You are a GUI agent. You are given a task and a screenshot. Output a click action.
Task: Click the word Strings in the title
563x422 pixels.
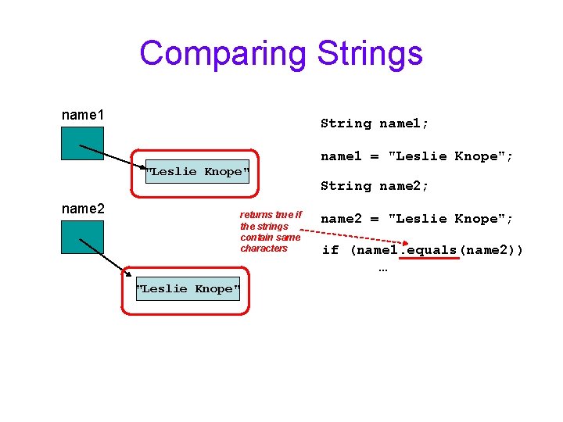(x=370, y=54)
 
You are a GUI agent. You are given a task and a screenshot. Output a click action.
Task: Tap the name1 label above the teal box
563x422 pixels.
(x=83, y=115)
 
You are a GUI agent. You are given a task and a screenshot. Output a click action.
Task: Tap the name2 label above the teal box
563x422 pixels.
(x=83, y=209)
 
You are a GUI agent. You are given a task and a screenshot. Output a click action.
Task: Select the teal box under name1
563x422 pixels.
(x=83, y=143)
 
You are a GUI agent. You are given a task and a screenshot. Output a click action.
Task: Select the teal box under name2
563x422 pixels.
(x=83, y=237)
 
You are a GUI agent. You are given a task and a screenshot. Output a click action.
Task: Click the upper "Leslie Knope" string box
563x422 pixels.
(x=197, y=171)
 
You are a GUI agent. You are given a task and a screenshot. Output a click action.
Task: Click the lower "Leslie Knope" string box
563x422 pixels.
(x=188, y=289)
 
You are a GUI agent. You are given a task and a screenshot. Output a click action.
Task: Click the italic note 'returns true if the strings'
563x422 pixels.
(x=271, y=220)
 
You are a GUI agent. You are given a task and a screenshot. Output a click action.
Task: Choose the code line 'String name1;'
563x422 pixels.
(x=375, y=123)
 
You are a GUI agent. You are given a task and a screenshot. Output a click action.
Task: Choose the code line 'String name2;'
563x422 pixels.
(x=375, y=186)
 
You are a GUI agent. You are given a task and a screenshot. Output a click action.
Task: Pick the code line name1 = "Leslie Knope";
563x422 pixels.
(x=417, y=156)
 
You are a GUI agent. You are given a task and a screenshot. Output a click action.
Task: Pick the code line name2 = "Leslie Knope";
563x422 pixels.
(x=417, y=219)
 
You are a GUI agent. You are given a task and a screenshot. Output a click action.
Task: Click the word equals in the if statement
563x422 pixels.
(x=429, y=250)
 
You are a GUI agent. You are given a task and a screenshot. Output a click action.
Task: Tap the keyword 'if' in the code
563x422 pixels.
(x=330, y=250)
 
